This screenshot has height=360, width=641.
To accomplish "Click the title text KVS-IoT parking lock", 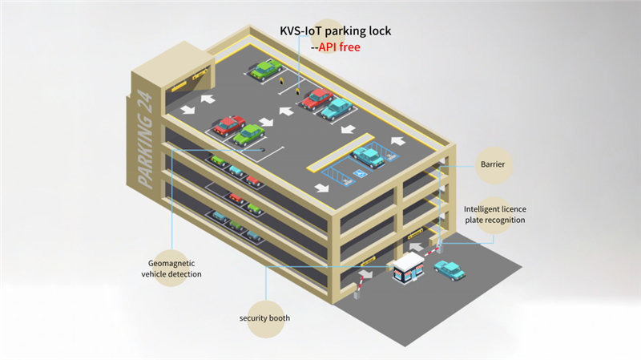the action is pos(335,31).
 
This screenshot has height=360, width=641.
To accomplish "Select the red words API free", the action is pos(339,47).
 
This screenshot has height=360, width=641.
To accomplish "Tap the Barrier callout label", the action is pos(493,164).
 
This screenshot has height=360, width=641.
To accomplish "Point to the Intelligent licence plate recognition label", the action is pos(494,214).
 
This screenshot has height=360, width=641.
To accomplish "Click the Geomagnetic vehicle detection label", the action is pos(171,269).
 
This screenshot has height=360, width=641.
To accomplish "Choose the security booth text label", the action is pos(264,318).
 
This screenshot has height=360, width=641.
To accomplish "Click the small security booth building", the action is pos(409,268).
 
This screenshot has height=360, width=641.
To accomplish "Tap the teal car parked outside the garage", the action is pos(450,270).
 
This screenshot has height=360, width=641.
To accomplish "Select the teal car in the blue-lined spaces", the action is pos(368,157).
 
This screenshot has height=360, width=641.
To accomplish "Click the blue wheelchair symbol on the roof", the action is pos(359,174).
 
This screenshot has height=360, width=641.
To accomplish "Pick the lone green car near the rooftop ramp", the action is pos(266,69).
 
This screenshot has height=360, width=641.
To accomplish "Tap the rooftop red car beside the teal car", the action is pos(317,99).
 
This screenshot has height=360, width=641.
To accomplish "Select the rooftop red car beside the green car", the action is pos(229,126).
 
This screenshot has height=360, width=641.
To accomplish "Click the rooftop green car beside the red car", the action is pos(248,135).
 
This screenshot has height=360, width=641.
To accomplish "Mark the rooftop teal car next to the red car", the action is pos(337,108).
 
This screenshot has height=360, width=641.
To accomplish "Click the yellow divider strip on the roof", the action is pos(341,152).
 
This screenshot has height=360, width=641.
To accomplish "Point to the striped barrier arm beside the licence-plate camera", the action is pos(431,251).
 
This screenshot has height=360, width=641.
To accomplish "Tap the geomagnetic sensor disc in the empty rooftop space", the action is pos(262,150).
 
